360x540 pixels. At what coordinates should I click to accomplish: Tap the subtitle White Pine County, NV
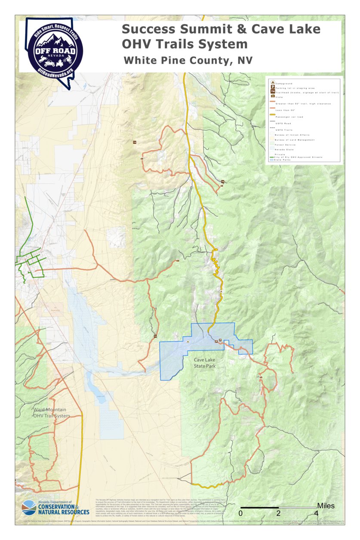pyautogui.click(x=188, y=61)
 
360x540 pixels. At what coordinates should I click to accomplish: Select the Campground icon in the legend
pyautogui.click(x=272, y=82)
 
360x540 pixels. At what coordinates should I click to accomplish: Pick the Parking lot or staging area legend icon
pyautogui.click(x=272, y=87)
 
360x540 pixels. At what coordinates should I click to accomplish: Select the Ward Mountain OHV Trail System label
pyautogui.click(x=51, y=413)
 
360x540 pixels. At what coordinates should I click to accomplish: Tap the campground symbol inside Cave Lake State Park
pyautogui.click(x=188, y=341)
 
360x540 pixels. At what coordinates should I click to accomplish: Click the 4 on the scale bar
pyautogui.click(x=317, y=513)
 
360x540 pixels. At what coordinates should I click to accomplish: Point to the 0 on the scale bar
pyautogui.click(x=241, y=513)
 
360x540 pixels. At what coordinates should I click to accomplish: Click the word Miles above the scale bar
pyautogui.click(x=326, y=506)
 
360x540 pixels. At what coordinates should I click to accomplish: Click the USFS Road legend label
pyautogui.click(x=284, y=123)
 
